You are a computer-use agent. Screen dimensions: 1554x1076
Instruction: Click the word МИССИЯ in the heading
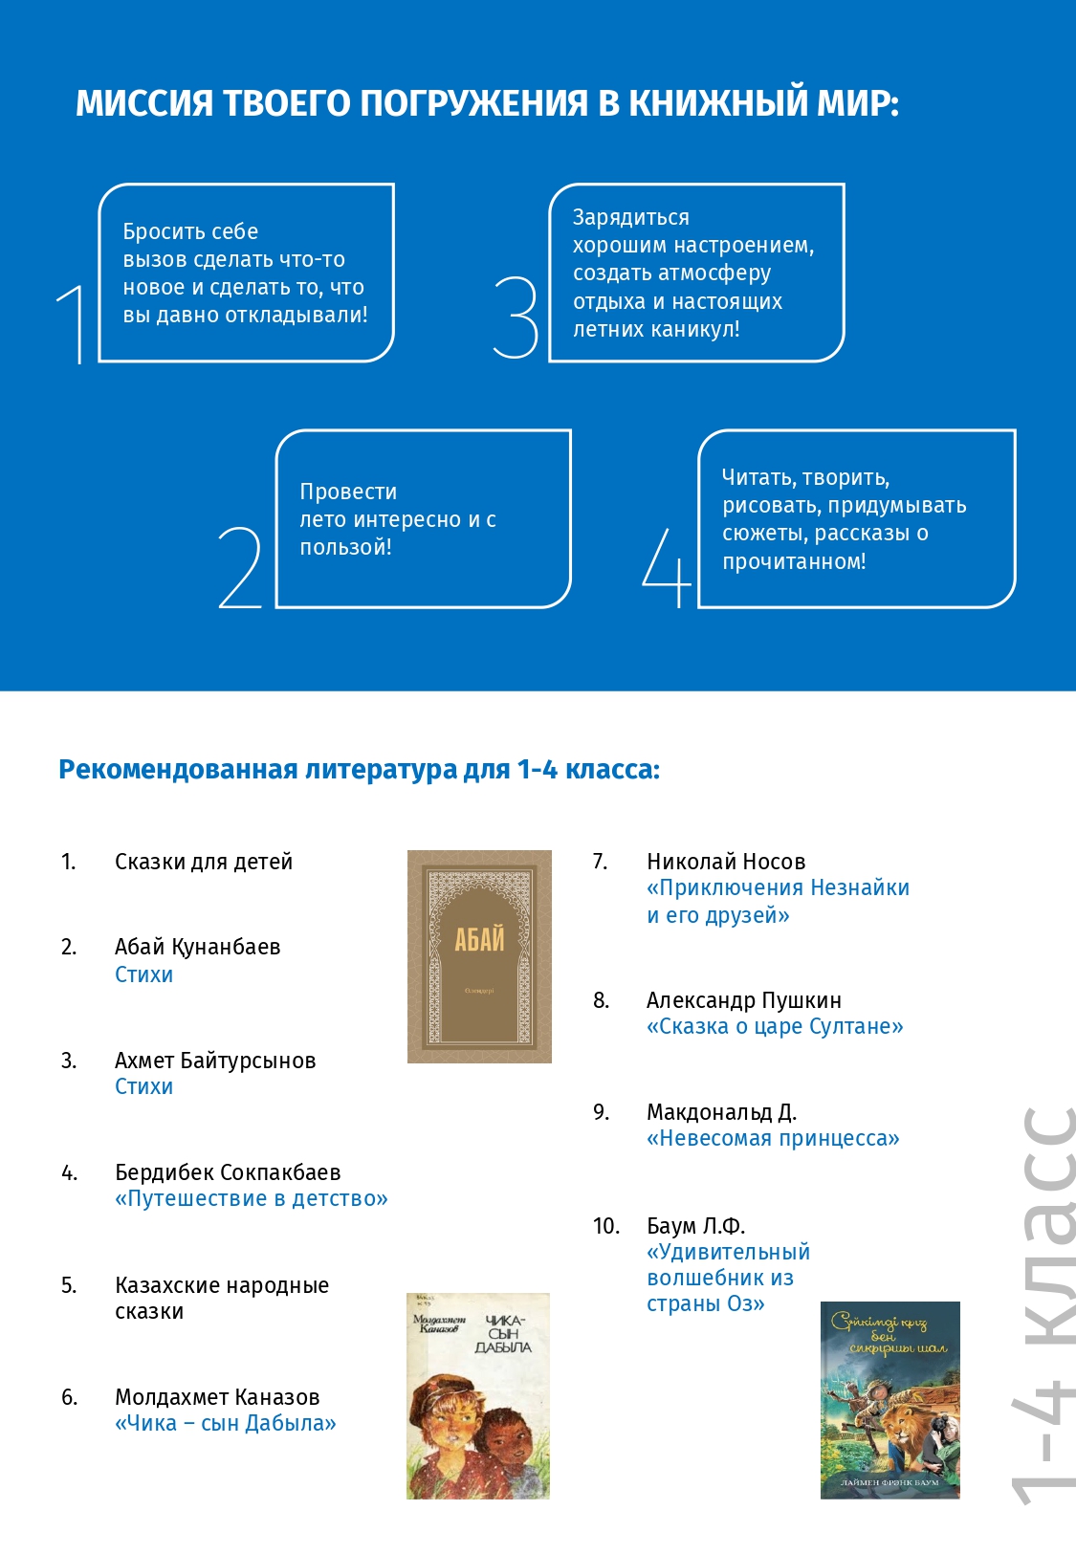143,103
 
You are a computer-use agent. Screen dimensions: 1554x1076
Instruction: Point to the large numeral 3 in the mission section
516,317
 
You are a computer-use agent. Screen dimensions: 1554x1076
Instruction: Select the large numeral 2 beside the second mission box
240,568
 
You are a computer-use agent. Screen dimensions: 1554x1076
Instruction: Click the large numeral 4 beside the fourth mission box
667,568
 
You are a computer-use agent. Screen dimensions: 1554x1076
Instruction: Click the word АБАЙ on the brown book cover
479,941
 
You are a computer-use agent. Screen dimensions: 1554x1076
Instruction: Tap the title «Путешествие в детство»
252,1198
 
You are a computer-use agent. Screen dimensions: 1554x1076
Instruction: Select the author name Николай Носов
726,862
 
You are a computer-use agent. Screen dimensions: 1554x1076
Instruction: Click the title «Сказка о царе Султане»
775,1026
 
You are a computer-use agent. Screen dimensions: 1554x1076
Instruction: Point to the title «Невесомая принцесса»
773,1138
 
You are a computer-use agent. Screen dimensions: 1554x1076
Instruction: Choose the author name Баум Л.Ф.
695,1226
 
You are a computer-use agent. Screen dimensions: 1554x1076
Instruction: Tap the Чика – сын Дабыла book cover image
478,1396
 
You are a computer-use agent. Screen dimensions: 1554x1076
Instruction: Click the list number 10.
606,1226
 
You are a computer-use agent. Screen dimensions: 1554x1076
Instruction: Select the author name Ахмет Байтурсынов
215,1061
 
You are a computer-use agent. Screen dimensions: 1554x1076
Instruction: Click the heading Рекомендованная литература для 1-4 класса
359,770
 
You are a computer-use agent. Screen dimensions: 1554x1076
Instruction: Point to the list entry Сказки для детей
204,862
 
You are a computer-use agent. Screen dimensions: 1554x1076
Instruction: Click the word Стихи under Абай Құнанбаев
143,974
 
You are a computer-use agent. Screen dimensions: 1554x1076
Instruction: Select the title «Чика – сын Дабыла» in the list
226,1423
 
